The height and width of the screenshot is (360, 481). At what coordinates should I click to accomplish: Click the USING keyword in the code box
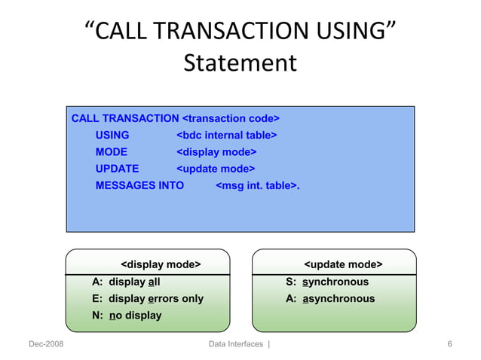tap(112, 136)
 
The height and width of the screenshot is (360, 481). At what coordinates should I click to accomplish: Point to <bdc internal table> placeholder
tap(226, 136)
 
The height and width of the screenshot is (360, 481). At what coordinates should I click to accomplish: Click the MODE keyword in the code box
tap(112, 152)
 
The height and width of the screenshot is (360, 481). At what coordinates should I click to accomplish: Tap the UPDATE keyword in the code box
tap(117, 169)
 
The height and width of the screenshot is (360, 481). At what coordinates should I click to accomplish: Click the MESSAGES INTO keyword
tap(139, 185)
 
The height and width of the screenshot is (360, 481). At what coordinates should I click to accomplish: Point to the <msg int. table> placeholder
tap(258, 185)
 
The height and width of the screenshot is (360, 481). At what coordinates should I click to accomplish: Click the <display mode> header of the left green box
tap(161, 264)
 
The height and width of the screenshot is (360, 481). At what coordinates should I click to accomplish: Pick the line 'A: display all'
tap(126, 282)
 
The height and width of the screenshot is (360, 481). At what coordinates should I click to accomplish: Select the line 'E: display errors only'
tap(148, 298)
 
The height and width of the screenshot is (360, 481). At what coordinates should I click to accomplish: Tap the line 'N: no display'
tap(127, 315)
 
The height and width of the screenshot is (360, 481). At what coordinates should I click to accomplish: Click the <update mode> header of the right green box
tap(343, 264)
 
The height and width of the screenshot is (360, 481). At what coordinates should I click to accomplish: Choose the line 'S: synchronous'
tap(327, 282)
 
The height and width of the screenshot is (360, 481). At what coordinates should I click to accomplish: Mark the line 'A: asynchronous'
tap(330, 298)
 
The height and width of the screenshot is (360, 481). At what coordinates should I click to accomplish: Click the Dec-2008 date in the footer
tap(46, 344)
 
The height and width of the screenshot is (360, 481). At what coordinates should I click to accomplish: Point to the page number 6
tap(449, 344)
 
